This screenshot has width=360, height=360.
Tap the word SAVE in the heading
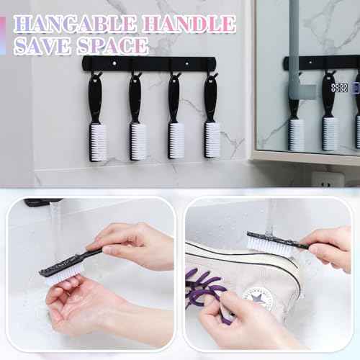(45, 45)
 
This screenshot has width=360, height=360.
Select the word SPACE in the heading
(114, 45)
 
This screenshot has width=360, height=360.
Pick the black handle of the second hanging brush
(136, 97)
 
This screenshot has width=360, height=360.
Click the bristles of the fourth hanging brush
(212, 140)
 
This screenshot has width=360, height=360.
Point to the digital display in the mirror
(339, 88)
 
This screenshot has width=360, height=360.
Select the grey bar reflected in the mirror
(300, 50)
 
